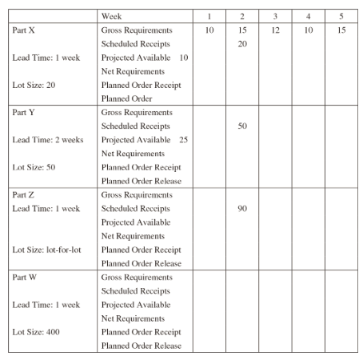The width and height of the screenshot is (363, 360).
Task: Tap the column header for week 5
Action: click(341, 16)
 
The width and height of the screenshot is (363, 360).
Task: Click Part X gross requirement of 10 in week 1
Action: click(209, 30)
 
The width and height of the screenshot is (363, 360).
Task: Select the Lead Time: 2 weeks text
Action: click(48, 139)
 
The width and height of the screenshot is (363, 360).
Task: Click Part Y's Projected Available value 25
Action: click(183, 139)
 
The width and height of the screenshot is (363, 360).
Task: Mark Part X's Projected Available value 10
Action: click(183, 57)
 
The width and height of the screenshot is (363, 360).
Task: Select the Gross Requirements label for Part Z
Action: click(137, 194)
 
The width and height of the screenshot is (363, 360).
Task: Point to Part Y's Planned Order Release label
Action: click(142, 181)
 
